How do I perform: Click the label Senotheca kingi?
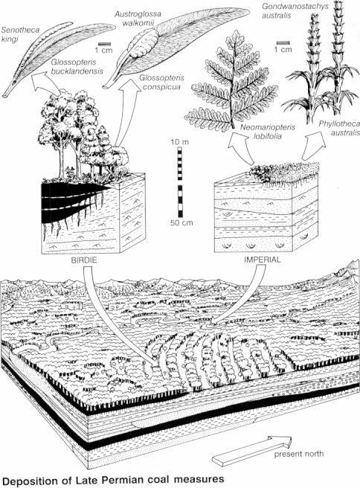[x=21, y=35]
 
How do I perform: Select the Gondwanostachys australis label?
[x=295, y=10]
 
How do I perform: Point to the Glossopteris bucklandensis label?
[x=77, y=67]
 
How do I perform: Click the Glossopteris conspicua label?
[x=161, y=82]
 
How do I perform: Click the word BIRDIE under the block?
[x=84, y=260]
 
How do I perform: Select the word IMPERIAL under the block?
[x=262, y=259]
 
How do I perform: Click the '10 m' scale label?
[x=179, y=142]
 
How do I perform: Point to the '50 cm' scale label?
[x=181, y=223]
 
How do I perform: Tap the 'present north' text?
[x=298, y=454]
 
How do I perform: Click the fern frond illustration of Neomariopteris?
[x=231, y=83]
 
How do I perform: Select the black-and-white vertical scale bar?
[x=180, y=182]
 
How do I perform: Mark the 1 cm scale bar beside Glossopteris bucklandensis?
[x=103, y=44]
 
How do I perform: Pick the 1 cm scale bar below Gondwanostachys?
[x=282, y=43]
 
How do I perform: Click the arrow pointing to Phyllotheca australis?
[x=313, y=147]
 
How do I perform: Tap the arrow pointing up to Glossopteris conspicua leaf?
[x=128, y=113]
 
